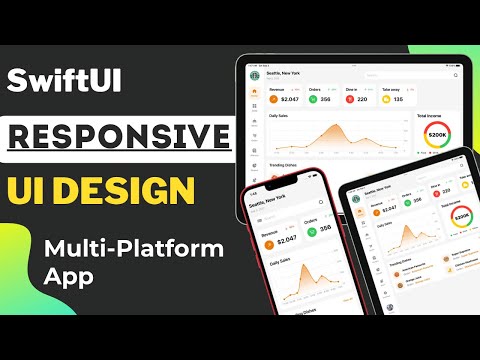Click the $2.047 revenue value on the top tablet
pos(289,99)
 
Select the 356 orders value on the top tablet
pos(326,99)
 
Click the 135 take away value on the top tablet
pos(397,99)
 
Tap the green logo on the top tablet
pos(253,72)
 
